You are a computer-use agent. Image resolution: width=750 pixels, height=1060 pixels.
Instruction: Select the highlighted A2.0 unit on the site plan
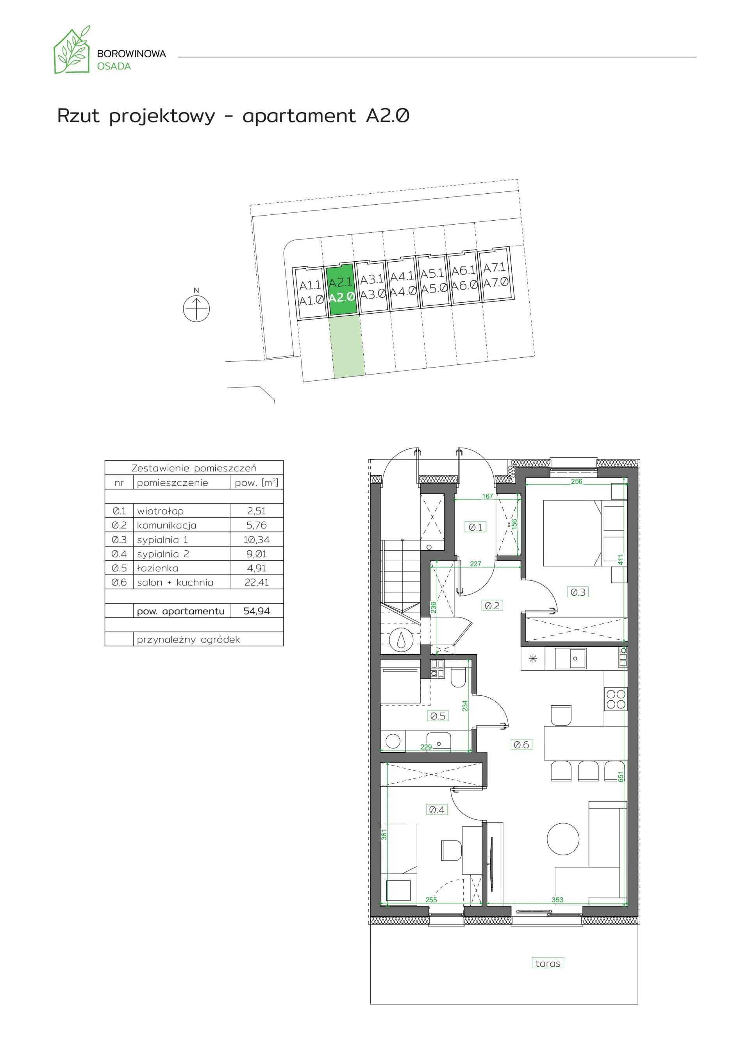pyautogui.click(x=342, y=290)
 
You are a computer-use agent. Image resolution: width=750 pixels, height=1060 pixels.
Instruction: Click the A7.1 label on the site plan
pyautogui.click(x=495, y=268)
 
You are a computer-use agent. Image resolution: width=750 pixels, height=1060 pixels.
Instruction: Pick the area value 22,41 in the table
pyautogui.click(x=256, y=583)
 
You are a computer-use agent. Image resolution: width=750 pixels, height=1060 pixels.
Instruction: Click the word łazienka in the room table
pyautogui.click(x=157, y=568)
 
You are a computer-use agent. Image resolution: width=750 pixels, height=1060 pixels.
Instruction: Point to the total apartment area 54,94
pyautogui.click(x=256, y=611)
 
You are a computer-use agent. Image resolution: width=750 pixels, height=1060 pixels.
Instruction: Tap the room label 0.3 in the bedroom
pyautogui.click(x=578, y=592)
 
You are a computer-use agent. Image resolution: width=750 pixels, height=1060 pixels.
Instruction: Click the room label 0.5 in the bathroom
pyautogui.click(x=438, y=716)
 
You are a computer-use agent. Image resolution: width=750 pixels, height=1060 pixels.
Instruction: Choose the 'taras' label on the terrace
pyautogui.click(x=548, y=964)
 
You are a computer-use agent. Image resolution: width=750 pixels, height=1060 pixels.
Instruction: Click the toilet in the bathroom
pyautogui.click(x=459, y=678)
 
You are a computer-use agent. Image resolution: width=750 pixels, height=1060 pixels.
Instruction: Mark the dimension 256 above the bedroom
pyautogui.click(x=576, y=481)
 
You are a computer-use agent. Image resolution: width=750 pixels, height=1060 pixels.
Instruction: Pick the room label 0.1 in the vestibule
pyautogui.click(x=475, y=527)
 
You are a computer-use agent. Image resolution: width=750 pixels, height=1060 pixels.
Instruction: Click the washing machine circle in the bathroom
pyautogui.click(x=393, y=741)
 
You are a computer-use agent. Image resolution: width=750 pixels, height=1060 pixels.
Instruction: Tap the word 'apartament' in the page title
pyautogui.click(x=299, y=116)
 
